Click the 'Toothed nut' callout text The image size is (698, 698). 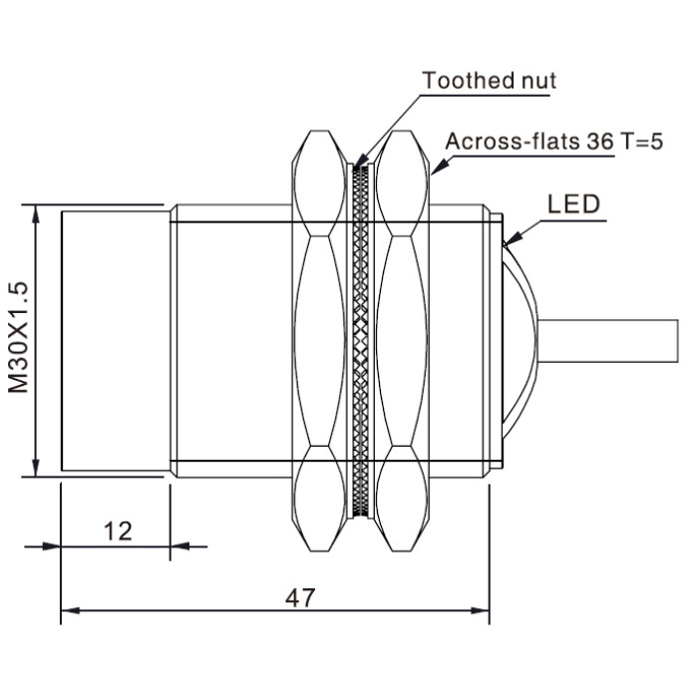pyautogui.click(x=489, y=81)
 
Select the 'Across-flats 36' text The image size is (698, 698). pyautogui.click(x=529, y=142)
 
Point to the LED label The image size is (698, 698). pyautogui.click(x=573, y=204)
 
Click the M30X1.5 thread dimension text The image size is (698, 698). pyautogui.click(x=19, y=337)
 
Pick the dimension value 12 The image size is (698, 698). pyautogui.click(x=118, y=531)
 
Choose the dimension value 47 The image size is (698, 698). pyautogui.click(x=300, y=598)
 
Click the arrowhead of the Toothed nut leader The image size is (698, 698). pyautogui.click(x=361, y=161)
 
